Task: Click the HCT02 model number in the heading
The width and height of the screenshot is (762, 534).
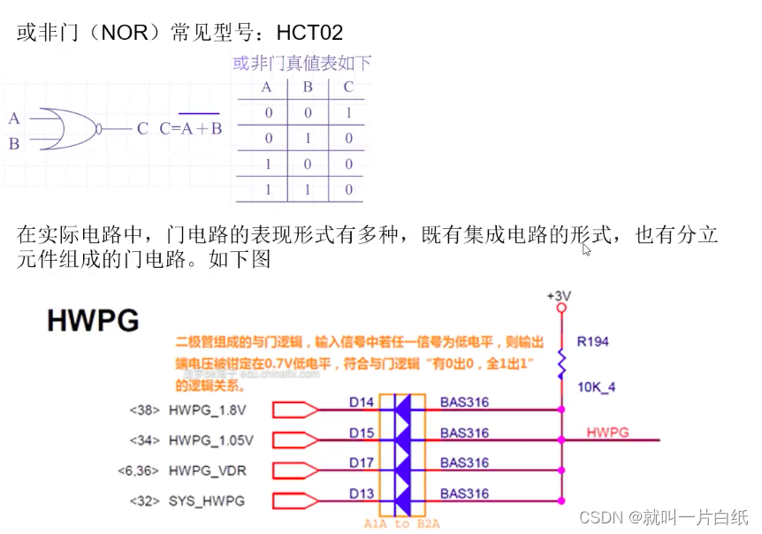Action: (309, 34)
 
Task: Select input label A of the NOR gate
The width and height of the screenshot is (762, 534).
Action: (14, 118)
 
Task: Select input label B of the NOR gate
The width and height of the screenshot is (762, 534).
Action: (14, 143)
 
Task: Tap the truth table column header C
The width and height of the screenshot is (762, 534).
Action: (348, 88)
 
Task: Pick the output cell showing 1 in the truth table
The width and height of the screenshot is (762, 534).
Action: (348, 113)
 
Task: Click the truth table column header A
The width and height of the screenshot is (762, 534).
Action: (266, 88)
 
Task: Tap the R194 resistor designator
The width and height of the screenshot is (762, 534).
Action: (592, 341)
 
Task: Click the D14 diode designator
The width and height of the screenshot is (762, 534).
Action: (361, 403)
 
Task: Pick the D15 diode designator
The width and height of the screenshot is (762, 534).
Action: (361, 433)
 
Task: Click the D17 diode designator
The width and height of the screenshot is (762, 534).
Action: (361, 462)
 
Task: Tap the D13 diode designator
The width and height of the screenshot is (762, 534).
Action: (361, 492)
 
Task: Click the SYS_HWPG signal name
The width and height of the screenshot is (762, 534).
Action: (206, 500)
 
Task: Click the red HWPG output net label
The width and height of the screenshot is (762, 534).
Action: (607, 432)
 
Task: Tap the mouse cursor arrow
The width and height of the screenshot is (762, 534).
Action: (586, 249)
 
